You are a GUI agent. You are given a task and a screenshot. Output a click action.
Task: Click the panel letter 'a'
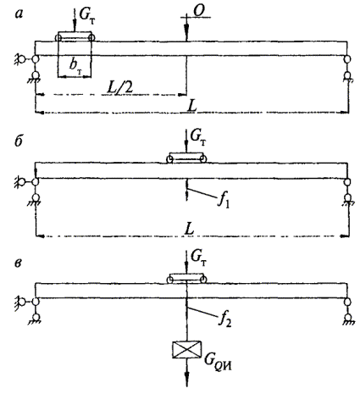[x=19, y=14]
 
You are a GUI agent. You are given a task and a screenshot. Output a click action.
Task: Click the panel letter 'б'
[x=19, y=142]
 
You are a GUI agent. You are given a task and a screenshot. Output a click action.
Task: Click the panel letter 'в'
[x=18, y=264]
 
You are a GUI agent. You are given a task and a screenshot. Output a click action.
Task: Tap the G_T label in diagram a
[x=86, y=15]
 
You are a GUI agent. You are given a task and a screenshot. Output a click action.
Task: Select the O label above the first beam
[x=199, y=11]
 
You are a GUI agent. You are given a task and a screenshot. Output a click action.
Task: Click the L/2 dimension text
[x=120, y=87]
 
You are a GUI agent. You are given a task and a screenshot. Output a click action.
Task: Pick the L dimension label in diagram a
[x=192, y=107]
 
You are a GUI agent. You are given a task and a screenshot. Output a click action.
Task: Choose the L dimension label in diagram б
[x=189, y=229]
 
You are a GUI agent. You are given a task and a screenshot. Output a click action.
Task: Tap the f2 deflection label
[x=225, y=319]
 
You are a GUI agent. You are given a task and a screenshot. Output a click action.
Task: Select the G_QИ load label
[x=218, y=363]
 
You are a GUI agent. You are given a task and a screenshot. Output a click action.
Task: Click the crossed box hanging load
[x=187, y=350]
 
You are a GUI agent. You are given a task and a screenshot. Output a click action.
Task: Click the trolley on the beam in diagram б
[x=186, y=158]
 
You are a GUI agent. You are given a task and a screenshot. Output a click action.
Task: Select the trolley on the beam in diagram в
[x=186, y=279]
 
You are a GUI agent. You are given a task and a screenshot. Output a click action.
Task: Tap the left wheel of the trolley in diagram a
[x=58, y=38]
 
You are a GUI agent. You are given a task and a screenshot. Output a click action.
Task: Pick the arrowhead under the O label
[x=186, y=29]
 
